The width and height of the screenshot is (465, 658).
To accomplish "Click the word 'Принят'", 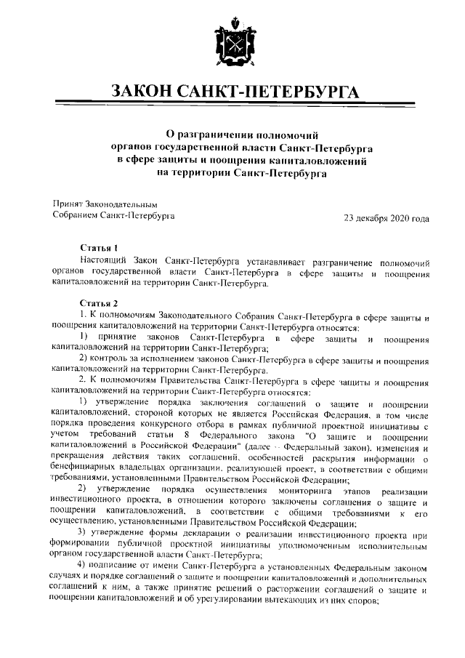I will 68,204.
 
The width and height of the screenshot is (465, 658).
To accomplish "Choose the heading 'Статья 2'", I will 99,302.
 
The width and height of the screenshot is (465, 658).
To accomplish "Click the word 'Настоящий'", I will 106,260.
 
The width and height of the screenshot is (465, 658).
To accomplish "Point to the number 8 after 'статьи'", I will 186,435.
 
